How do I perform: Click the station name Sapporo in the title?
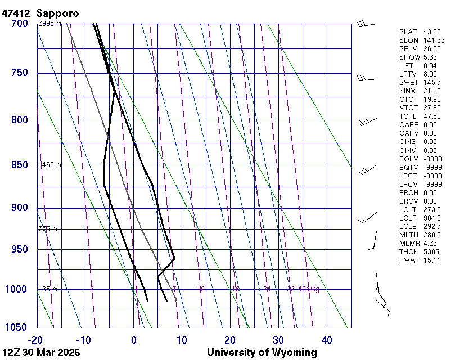pyautogui.click(x=57, y=12)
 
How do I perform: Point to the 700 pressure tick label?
pyautogui.click(x=19, y=24)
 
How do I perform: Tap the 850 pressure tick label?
pyautogui.click(x=19, y=165)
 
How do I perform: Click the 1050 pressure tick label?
pyautogui.click(x=17, y=328)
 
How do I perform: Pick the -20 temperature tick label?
pyautogui.click(x=35, y=340)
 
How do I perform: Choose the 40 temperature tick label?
pyautogui.click(x=327, y=340)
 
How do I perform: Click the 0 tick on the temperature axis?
pyautogui.click(x=134, y=340)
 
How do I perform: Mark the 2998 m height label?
pyautogui.click(x=49, y=24)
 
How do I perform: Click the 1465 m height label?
pyautogui.click(x=49, y=165)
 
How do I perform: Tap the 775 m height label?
pyautogui.click(x=48, y=229)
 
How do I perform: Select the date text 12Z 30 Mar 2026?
pyautogui.click(x=41, y=353)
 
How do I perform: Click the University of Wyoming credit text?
pyautogui.click(x=262, y=353)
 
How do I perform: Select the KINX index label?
pyautogui.click(x=408, y=91)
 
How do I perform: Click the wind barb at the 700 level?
pyautogui.click(x=366, y=24)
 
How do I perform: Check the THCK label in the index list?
pyautogui.click(x=409, y=252)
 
